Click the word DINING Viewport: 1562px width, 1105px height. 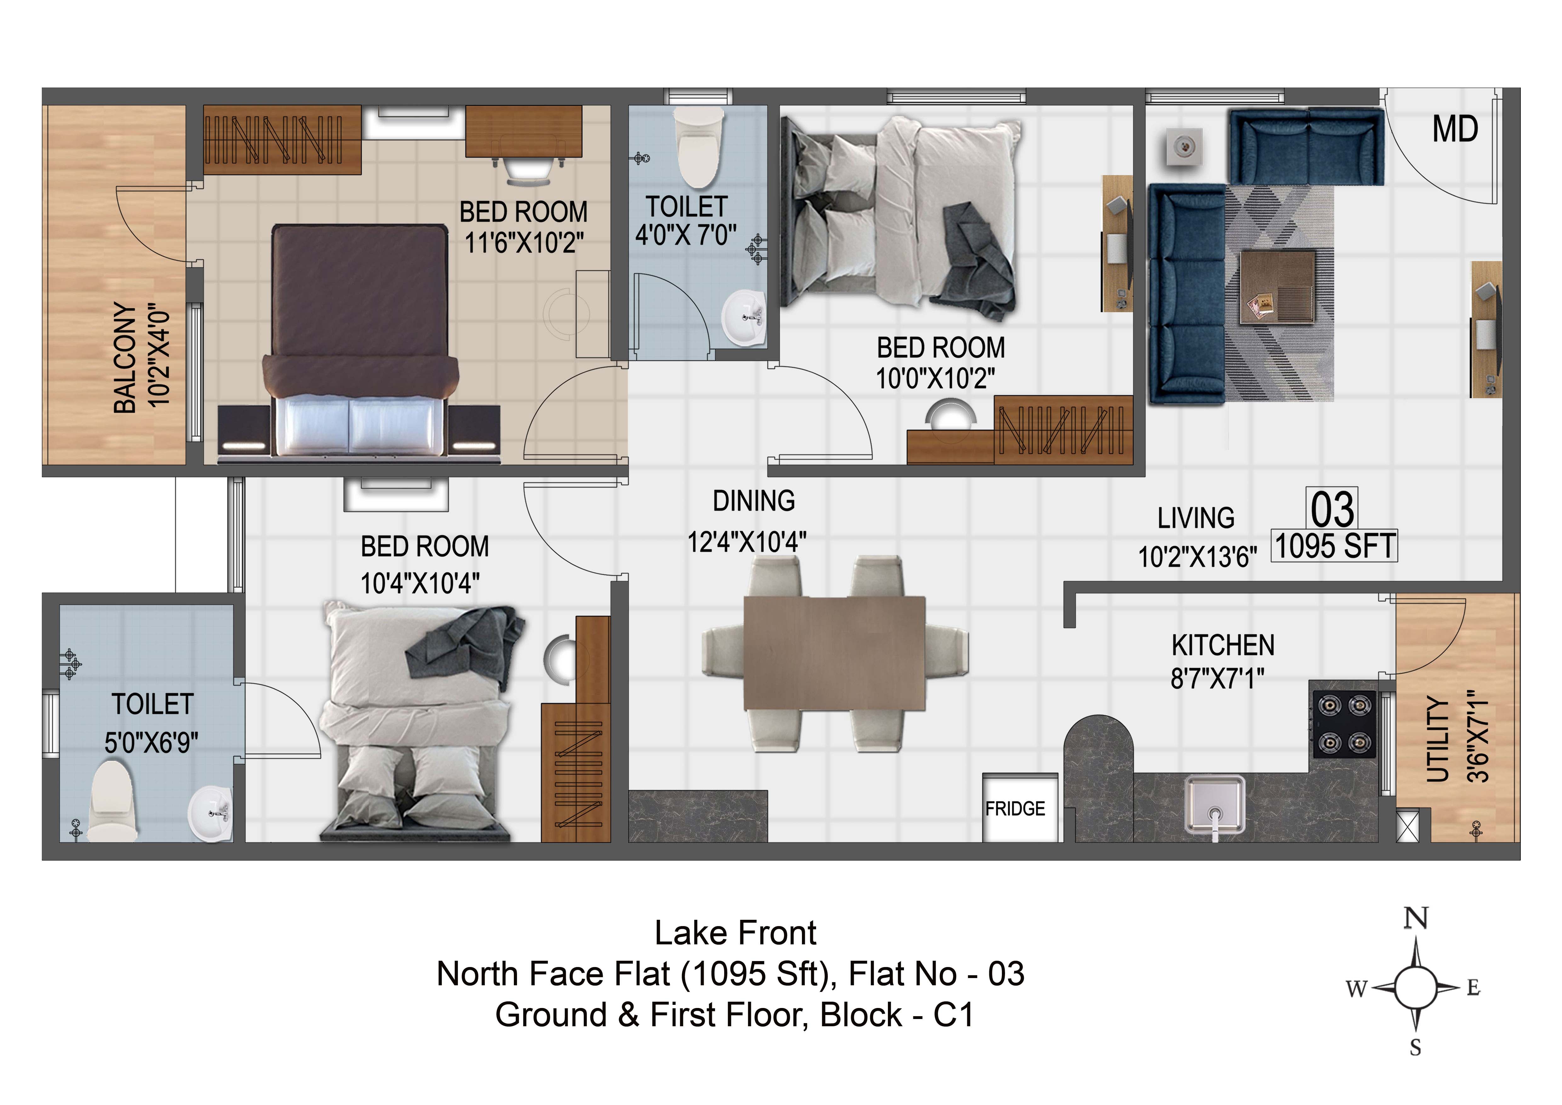[x=754, y=501]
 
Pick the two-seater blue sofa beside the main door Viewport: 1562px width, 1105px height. [x=1306, y=146]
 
